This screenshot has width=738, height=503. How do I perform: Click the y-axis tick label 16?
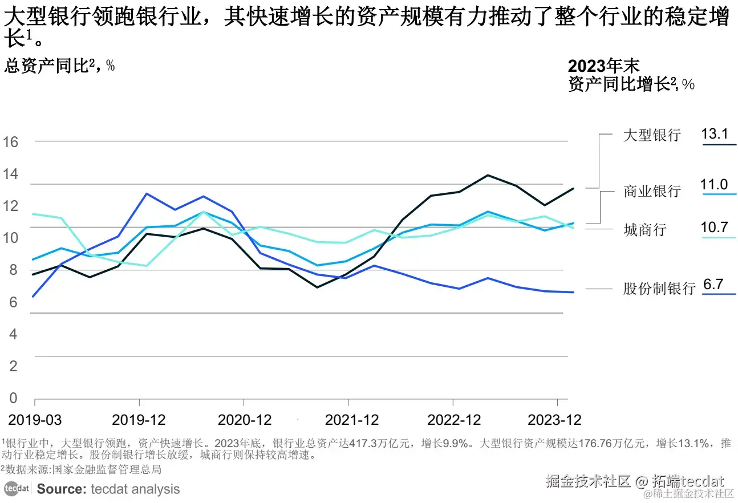coord(11,142)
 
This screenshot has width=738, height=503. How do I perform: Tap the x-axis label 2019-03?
coord(35,420)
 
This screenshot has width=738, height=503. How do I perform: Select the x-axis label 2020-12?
coord(245,420)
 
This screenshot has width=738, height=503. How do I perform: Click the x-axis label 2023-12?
coord(554,420)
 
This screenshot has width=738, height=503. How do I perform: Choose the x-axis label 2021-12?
coord(352,420)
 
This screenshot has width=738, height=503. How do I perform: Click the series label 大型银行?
coord(652,136)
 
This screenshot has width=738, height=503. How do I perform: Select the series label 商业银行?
coord(652,191)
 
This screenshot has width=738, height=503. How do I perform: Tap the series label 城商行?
coord(644,230)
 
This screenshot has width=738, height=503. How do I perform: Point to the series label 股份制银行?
coord(659,289)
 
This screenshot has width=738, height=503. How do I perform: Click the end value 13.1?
coord(715,135)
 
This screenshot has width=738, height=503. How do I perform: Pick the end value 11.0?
coord(714,185)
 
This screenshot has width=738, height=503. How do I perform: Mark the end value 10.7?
coord(714,228)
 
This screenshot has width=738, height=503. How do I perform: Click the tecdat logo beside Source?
coord(17,489)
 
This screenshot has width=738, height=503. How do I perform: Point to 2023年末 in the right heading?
coord(603,66)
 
